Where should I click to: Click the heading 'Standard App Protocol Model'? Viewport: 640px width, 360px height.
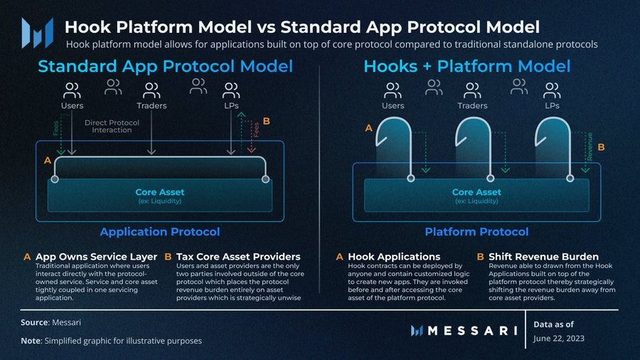[x=165, y=66]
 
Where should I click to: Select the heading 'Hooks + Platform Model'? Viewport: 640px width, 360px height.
[x=466, y=66]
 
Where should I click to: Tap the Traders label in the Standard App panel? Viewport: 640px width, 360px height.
[x=151, y=106]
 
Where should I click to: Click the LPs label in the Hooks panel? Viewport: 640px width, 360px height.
[x=552, y=106]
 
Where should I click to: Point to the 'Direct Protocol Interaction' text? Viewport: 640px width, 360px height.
[x=112, y=126]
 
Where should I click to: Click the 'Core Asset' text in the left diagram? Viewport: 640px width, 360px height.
[x=159, y=192]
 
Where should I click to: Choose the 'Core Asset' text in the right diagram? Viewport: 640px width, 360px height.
[x=476, y=192]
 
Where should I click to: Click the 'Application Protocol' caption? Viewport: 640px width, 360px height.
[x=159, y=232]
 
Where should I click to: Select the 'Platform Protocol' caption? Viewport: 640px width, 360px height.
[x=476, y=232]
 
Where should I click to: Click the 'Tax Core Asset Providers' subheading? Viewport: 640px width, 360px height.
[x=238, y=256]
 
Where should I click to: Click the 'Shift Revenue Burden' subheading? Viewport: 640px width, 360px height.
[x=543, y=256]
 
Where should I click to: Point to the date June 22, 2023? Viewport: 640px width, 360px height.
[x=559, y=338]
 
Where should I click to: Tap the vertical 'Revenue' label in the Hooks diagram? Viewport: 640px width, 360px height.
[x=590, y=145]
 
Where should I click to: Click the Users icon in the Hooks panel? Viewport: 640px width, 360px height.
[x=393, y=90]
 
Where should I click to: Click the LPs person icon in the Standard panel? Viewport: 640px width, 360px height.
[x=230, y=90]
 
